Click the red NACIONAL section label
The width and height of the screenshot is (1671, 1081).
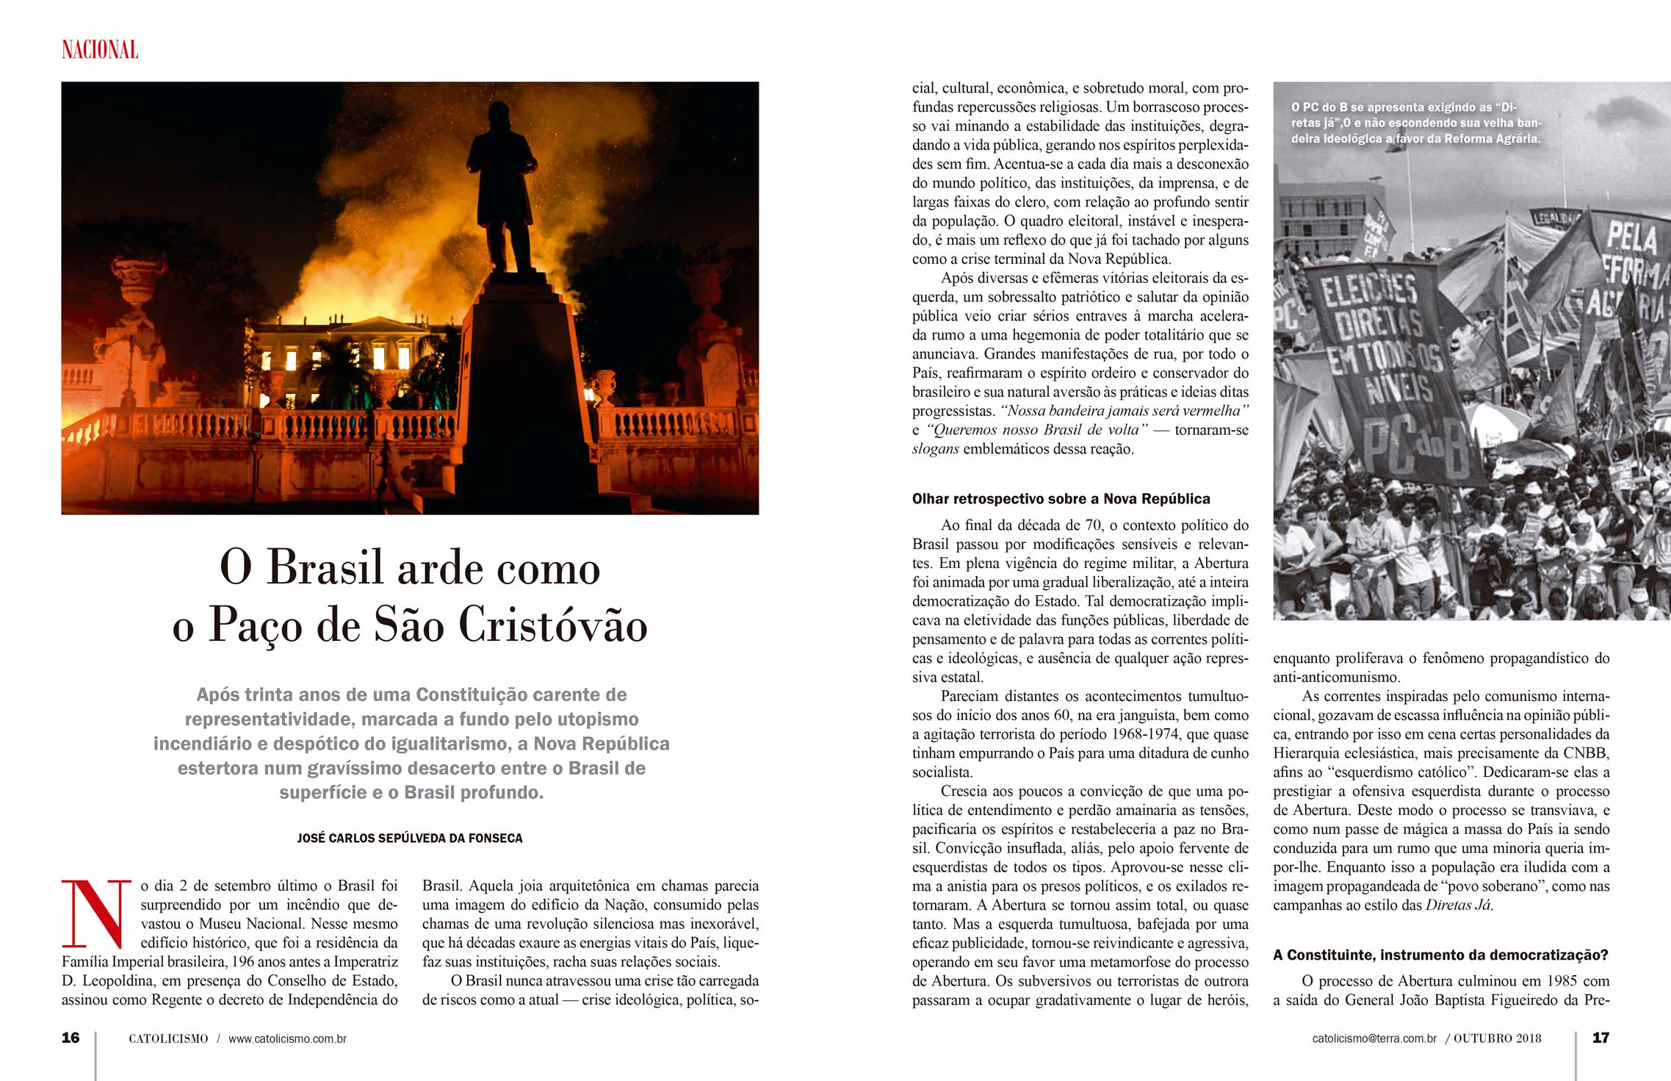tap(100, 50)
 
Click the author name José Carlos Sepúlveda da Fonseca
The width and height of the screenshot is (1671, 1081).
tap(410, 838)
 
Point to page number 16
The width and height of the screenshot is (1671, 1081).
tap(71, 1038)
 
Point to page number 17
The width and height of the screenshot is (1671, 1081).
tap(1600, 1038)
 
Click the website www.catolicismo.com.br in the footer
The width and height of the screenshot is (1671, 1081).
tap(287, 1038)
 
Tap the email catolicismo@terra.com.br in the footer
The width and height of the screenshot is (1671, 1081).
tap(1374, 1038)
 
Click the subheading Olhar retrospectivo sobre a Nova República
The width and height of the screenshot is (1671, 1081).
tap(1061, 499)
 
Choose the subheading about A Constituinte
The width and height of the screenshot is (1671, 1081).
tap(1440, 955)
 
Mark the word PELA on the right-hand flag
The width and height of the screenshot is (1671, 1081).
tap(1631, 238)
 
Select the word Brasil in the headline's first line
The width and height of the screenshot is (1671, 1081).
tap(325, 567)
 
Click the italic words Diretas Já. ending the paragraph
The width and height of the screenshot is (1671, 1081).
tap(1459, 905)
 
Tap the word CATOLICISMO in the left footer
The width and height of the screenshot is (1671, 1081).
tap(168, 1038)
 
